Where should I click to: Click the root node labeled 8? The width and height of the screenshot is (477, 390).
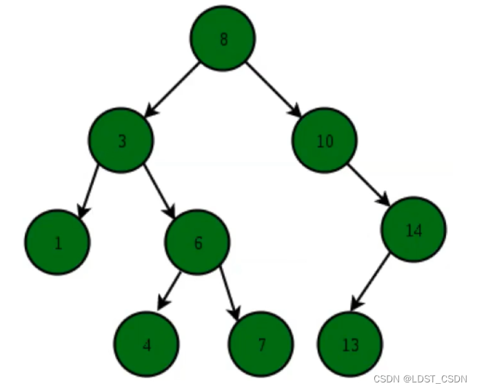pos(223,39)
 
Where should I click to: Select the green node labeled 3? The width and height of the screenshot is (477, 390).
pos(122,142)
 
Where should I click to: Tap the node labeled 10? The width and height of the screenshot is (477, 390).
pos(325,142)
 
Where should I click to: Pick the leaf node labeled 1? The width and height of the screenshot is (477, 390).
pos(58,242)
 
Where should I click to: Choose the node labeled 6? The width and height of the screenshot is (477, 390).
pos(198,242)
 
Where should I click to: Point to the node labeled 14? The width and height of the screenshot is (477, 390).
pos(414,230)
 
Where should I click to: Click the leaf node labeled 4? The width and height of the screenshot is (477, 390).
pos(147,344)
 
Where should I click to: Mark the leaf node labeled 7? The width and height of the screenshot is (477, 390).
pos(261,344)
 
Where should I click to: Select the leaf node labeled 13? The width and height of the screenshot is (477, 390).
pos(350,344)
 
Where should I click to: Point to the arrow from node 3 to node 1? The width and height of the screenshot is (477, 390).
pos(88,192)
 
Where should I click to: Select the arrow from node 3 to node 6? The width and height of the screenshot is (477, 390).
pos(160,191)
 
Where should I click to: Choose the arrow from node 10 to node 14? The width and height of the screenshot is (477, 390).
pos(369,185)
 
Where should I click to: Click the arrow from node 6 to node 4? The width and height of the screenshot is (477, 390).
pos(170,290)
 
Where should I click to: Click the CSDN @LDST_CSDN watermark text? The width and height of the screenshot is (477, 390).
pos(420,380)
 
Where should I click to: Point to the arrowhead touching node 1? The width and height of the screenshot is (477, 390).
pos(81,212)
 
